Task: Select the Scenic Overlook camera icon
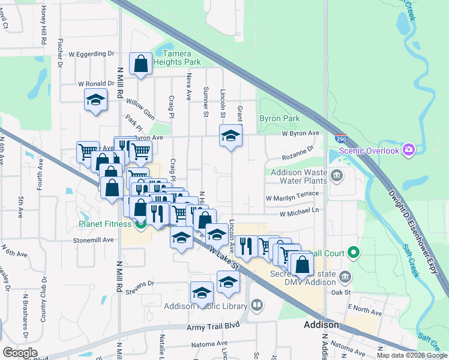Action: point(409,149)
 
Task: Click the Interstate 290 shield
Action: point(340,137)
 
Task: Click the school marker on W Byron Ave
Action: point(231,137)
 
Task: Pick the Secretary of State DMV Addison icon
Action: point(345,277)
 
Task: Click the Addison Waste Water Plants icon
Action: point(336,176)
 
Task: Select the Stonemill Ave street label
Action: point(93,239)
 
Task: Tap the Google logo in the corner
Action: point(20,353)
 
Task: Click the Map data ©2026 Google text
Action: point(411,355)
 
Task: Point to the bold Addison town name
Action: point(321,325)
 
